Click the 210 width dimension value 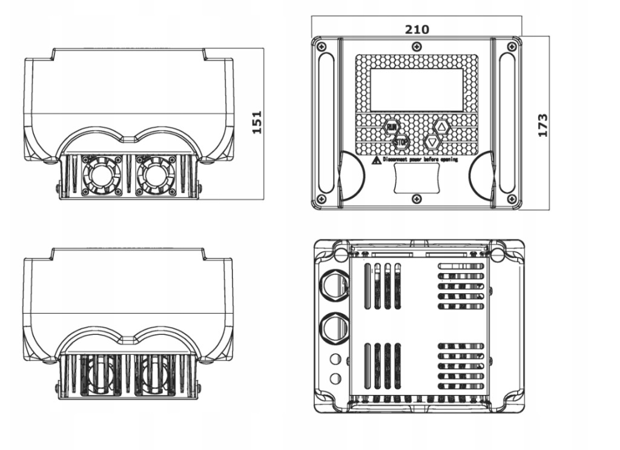(417, 29)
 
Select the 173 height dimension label (542, 125)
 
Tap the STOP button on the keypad (400, 142)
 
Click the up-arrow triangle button (441, 126)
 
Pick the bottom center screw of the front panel (416, 199)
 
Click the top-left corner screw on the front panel (322, 47)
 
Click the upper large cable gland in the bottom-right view (332, 283)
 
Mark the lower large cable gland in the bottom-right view (332, 327)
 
